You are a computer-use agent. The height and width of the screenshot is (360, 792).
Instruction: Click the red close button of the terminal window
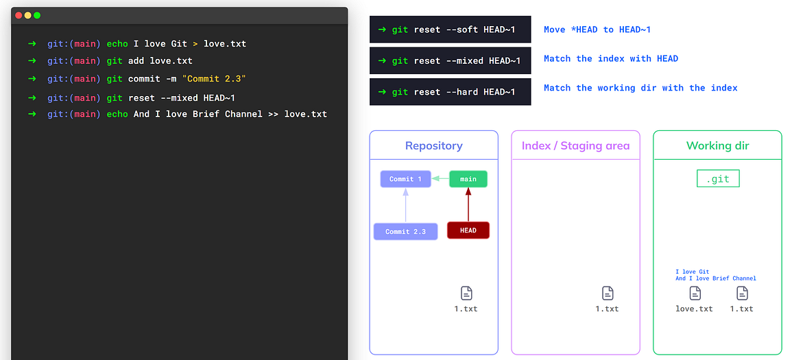click(x=19, y=15)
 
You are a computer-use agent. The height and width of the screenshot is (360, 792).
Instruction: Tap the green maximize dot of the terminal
click(x=37, y=15)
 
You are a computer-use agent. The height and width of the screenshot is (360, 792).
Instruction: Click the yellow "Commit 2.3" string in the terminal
click(x=214, y=79)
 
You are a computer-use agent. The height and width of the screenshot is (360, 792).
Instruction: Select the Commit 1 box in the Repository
click(x=406, y=179)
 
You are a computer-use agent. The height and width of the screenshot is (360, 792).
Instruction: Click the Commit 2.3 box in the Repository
click(x=405, y=232)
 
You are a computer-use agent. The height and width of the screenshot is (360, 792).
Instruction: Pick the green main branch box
click(x=468, y=179)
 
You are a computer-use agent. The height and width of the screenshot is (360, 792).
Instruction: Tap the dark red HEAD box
click(x=468, y=230)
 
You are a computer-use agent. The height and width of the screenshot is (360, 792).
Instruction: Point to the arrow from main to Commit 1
click(x=440, y=179)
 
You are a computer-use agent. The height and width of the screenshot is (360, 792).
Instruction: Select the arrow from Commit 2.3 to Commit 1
click(x=406, y=205)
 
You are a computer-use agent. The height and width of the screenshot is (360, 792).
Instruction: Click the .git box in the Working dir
click(x=718, y=179)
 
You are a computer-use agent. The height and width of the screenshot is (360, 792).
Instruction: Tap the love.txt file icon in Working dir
click(x=695, y=293)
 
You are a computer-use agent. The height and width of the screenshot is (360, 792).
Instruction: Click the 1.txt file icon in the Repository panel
click(x=466, y=293)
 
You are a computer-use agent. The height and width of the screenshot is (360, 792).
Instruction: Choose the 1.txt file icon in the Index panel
click(x=608, y=293)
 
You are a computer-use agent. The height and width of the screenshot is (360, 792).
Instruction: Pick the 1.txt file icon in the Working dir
click(x=742, y=293)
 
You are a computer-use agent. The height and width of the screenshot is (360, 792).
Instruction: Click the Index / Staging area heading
click(x=575, y=145)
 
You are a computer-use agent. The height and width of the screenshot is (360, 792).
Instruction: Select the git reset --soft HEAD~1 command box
click(x=450, y=29)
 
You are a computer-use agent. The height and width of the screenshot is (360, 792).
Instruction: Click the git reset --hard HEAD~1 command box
click(x=450, y=92)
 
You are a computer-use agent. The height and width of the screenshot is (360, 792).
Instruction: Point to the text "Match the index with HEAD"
click(x=610, y=59)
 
